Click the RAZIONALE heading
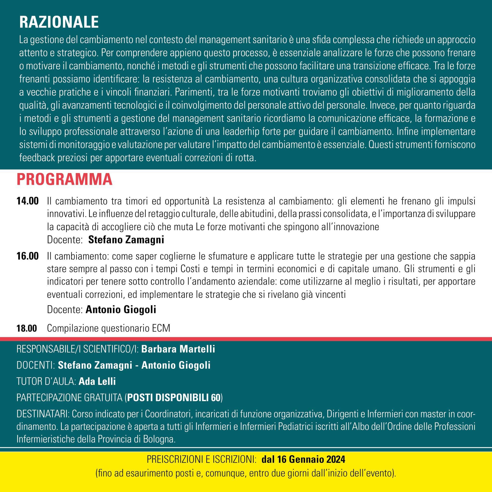59,22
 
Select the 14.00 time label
27,201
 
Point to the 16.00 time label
27,256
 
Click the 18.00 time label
27,328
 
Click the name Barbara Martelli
178,349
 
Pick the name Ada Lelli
97,381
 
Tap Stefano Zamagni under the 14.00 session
126,240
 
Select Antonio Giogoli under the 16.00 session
121,309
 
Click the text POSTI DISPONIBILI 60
174,398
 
